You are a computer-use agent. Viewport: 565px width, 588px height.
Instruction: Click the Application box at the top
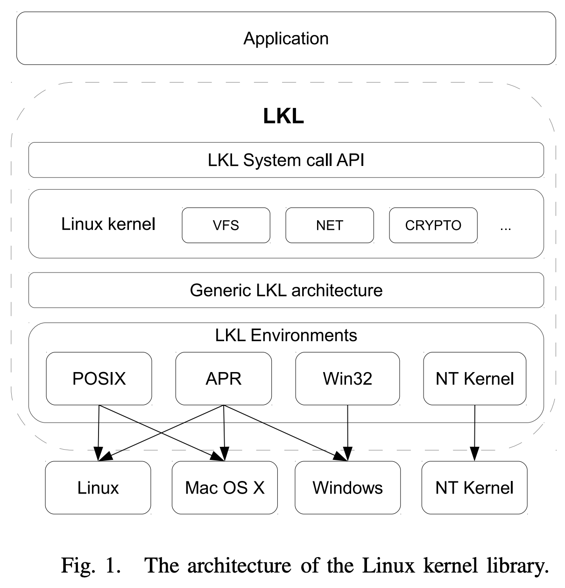point(286,38)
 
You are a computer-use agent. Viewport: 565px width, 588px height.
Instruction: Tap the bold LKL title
point(283,116)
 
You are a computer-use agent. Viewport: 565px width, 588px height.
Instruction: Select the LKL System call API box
point(286,160)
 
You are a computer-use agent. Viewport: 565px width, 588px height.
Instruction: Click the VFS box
point(226,225)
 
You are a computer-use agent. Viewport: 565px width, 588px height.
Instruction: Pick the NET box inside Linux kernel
point(329,225)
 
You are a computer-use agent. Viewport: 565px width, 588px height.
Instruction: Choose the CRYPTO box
point(433,225)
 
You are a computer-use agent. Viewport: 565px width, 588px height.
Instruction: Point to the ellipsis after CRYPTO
point(505,228)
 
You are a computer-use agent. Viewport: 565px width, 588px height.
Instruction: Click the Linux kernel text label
point(108,224)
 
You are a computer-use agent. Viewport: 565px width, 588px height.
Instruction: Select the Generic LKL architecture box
point(286,290)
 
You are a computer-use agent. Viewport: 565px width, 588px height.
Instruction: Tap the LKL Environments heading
point(286,335)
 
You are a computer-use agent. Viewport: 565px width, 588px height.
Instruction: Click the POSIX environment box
point(99,378)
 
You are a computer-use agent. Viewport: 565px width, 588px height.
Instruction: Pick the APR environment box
point(223,378)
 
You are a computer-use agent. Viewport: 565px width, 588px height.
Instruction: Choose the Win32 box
point(347,378)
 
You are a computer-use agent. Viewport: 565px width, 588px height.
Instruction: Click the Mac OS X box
point(225,488)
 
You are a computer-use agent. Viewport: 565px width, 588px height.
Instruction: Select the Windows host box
point(347,488)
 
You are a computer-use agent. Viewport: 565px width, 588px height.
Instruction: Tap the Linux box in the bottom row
point(98,488)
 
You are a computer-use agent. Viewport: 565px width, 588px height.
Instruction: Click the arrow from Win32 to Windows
point(347,430)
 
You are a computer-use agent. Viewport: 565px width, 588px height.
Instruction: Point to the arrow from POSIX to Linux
point(99,430)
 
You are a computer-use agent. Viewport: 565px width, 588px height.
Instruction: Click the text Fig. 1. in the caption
point(91,566)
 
